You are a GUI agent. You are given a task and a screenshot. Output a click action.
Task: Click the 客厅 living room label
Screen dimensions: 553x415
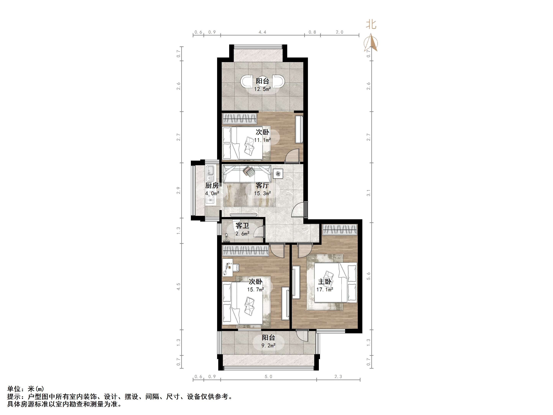coord(262,185)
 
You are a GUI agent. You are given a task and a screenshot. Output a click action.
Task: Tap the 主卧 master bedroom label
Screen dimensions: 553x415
coord(325,282)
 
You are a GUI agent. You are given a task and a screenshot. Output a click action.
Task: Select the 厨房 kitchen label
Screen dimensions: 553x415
coord(212,185)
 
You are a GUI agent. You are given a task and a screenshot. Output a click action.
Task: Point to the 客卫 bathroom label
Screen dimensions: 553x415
coord(242,226)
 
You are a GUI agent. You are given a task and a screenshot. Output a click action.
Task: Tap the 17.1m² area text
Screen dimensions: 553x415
coord(325,289)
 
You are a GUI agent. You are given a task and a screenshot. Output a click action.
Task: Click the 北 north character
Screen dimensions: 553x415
coord(371,25)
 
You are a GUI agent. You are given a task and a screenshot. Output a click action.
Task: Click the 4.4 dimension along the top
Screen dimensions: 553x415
coord(263,32)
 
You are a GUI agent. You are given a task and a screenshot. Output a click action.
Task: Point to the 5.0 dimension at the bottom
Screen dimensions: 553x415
coord(268,376)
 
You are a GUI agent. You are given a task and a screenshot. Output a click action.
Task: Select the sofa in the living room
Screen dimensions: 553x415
coord(247,174)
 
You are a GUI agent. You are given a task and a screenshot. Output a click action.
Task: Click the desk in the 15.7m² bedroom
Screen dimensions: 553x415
coord(227,267)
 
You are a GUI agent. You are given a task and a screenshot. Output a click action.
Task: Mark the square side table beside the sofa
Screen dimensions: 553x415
coord(278,173)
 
